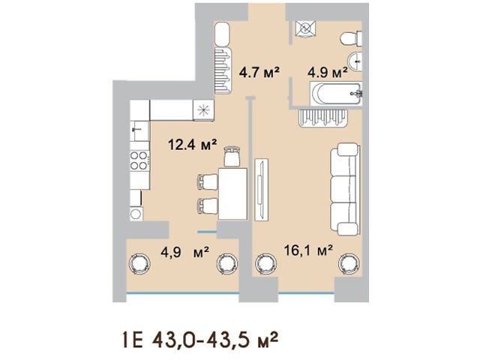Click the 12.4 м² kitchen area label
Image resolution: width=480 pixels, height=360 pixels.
coord(193,145)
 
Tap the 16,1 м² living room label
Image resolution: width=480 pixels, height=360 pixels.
coord(308,250)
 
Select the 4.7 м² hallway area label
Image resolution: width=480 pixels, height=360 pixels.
coord(259,73)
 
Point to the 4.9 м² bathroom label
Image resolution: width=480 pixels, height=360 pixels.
coord(328,73)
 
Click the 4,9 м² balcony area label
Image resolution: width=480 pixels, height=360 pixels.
coord(185,252)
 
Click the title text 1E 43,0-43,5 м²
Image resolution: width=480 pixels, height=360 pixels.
coord(200,340)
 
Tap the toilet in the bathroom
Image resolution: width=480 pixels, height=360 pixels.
coord(352,39)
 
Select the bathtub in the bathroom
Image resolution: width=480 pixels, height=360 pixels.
coord(336,94)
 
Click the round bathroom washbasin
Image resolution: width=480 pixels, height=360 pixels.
coord(355,62)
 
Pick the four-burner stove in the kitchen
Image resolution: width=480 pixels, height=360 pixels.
coord(139,161)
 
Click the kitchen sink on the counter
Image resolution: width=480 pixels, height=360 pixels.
coord(139,131)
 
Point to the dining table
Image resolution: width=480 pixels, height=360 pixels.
coord(232,193)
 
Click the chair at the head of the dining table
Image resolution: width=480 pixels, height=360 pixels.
coord(232,157)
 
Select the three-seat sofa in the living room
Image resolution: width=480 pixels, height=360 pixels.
coord(345,189)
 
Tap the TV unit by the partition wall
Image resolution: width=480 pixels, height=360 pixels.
coord(261,189)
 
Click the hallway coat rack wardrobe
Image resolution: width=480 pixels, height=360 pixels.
coord(222,70)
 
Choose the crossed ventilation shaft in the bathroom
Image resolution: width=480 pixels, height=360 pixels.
coord(305,28)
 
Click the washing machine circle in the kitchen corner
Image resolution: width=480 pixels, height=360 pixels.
coord(136,213)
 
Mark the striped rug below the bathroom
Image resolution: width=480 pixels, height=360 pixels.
coord(323,118)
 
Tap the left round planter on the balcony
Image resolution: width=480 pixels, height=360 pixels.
coord(139,263)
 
